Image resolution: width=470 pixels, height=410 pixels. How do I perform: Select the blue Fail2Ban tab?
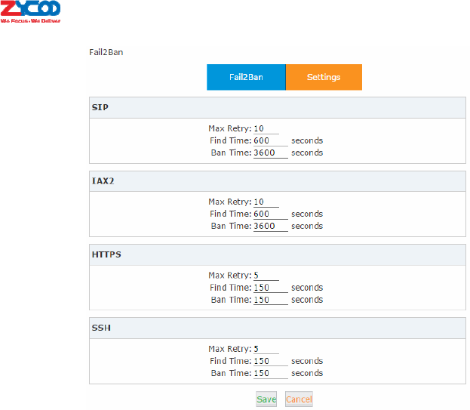click(246, 77)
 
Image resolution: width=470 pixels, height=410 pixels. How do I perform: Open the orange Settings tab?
click(324, 77)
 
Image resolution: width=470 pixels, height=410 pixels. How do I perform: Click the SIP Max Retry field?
click(266, 128)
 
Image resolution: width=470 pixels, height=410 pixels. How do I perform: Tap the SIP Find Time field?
click(270, 140)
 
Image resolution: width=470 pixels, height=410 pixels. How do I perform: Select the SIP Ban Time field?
click(270, 153)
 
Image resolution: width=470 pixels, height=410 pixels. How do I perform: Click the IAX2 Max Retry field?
click(266, 202)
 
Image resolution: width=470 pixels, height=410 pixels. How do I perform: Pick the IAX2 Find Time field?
click(270, 214)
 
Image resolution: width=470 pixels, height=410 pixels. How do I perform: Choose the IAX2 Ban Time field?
click(270, 226)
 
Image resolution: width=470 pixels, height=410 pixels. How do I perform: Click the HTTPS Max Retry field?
click(266, 276)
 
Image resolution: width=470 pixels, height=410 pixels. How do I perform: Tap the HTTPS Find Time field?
click(270, 288)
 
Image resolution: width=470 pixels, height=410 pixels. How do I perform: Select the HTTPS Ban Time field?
click(270, 300)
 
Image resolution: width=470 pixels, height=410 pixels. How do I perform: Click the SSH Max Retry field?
click(266, 349)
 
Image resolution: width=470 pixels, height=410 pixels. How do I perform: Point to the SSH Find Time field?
click(270, 361)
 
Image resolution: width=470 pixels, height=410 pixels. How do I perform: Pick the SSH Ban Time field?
click(270, 373)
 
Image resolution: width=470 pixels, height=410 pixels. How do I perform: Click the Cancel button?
click(299, 399)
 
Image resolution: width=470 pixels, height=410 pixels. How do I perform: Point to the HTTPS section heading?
click(106, 254)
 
